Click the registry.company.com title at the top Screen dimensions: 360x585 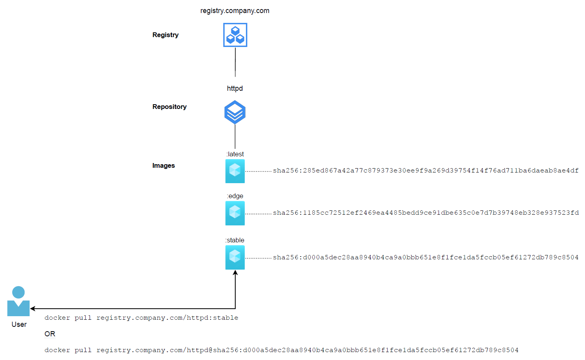point(234,11)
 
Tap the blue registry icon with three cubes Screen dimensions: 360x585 point(235,35)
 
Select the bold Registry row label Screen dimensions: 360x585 point(165,35)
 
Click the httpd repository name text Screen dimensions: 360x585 point(234,88)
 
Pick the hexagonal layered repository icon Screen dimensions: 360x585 point(235,112)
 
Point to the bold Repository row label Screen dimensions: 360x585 point(169,107)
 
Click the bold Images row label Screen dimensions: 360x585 point(163,165)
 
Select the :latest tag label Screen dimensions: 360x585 point(235,154)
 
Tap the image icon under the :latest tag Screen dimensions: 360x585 point(235,171)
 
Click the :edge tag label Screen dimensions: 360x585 point(235,196)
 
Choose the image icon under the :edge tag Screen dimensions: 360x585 point(235,213)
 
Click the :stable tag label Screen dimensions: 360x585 point(235,240)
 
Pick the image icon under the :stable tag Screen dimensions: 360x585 point(235,257)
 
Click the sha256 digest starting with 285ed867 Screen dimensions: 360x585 point(426,171)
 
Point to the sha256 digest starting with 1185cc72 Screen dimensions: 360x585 point(426,213)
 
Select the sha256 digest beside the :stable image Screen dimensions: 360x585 point(426,257)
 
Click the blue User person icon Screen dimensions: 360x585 point(19,301)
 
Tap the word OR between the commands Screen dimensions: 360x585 point(50,334)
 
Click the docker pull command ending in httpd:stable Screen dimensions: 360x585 point(141,318)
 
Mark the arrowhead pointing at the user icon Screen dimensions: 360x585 point(32,309)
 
